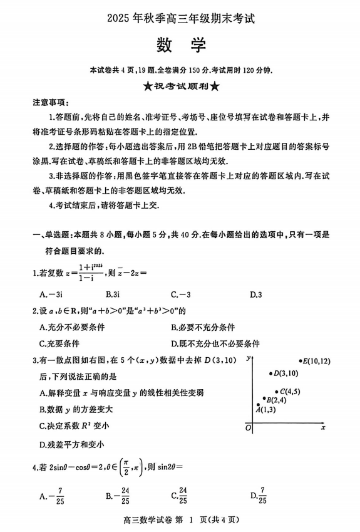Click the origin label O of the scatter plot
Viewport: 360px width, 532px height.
point(249,427)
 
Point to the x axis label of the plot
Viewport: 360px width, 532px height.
point(323,427)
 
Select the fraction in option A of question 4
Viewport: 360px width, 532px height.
point(60,495)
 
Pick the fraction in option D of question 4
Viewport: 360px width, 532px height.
point(263,495)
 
